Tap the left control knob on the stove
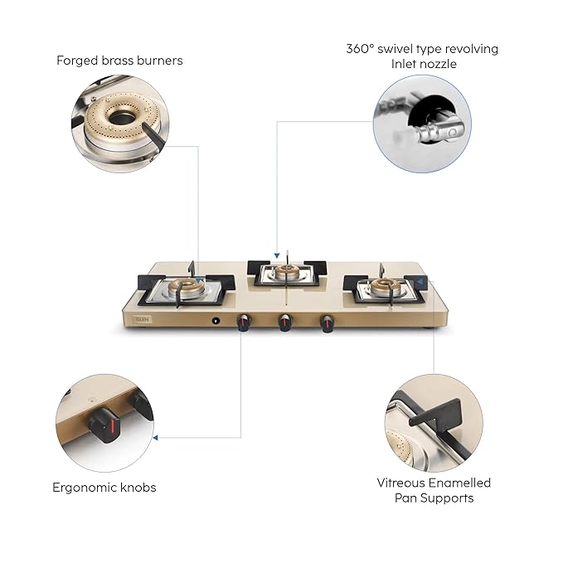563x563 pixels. pyautogui.click(x=244, y=323)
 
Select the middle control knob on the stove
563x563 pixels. pyautogui.click(x=285, y=323)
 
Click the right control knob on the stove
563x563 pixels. pyautogui.click(x=327, y=323)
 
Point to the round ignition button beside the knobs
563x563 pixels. pyautogui.click(x=216, y=320)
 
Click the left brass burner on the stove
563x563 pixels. pyautogui.click(x=187, y=288)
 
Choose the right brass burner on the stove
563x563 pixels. pyautogui.click(x=386, y=287)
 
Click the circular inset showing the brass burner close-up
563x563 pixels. pyautogui.click(x=119, y=124)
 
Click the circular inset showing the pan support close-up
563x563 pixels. pyautogui.click(x=433, y=423)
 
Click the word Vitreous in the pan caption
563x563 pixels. pyautogui.click(x=403, y=483)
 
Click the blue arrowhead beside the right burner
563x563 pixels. pyautogui.click(x=422, y=282)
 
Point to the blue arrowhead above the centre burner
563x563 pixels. pyautogui.click(x=276, y=256)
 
